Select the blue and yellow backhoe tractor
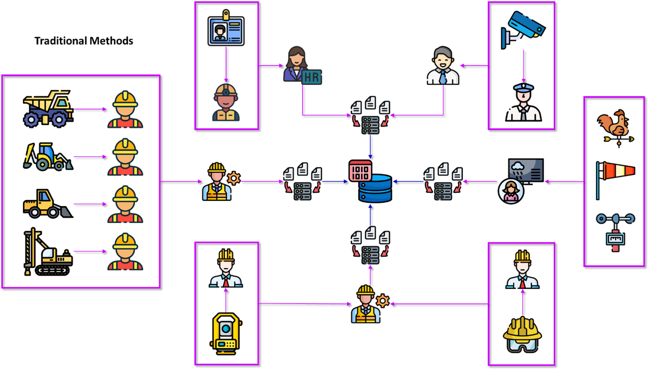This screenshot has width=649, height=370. click(x=48, y=157)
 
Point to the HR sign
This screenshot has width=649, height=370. click(x=312, y=77)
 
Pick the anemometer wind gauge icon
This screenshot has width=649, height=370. click(x=615, y=231)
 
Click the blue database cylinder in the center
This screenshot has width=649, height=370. click(x=375, y=189)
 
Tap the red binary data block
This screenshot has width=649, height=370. click(x=360, y=170)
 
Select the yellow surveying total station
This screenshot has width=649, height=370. click(x=226, y=333)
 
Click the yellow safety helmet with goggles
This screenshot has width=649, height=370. click(x=522, y=335)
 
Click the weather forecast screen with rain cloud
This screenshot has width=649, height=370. click(x=526, y=170)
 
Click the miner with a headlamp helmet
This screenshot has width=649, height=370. click(x=226, y=102)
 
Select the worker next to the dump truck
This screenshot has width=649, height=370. click(x=125, y=110)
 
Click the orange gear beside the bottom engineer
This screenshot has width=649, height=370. click(x=383, y=301)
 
